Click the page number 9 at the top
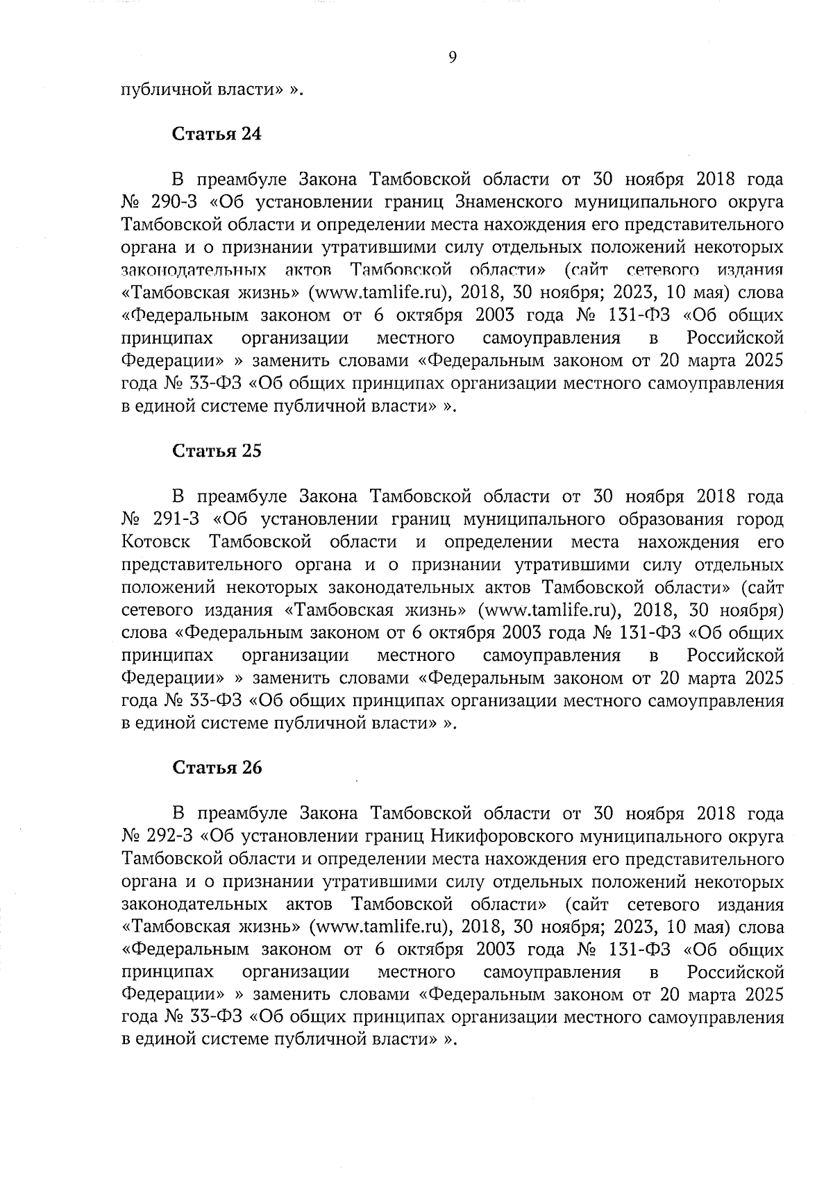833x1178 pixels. point(452,58)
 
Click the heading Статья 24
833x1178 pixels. point(217,134)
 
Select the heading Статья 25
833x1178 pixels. point(217,451)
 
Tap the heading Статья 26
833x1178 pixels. point(217,768)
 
